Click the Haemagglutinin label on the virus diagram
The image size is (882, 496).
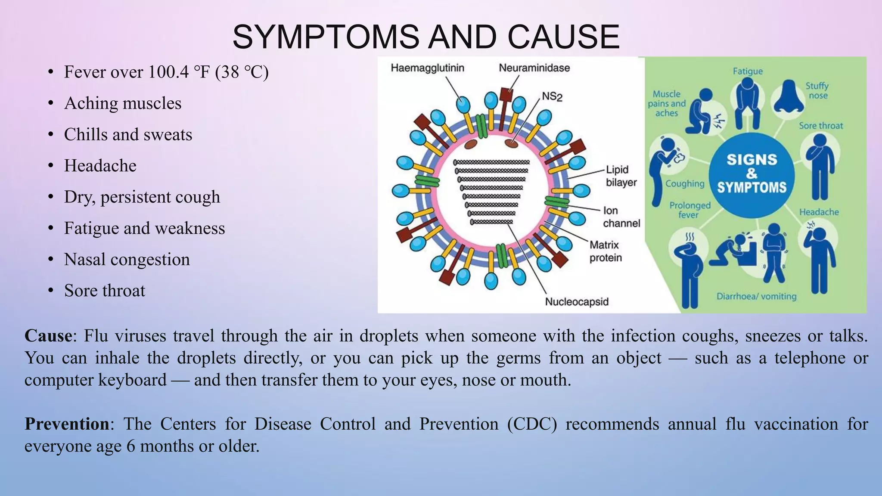pos(427,68)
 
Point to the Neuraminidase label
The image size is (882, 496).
pos(534,68)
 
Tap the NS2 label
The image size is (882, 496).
pos(552,96)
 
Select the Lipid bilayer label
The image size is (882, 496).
pos(621,176)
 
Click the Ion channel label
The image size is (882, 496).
pos(621,217)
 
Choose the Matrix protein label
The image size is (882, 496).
pos(605,251)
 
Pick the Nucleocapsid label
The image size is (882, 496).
pos(576,301)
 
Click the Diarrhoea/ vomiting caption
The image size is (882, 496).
pos(756,296)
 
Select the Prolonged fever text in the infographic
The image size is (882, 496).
pos(689,210)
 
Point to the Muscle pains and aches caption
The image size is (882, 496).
pos(666,103)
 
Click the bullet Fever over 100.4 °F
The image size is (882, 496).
pos(166,72)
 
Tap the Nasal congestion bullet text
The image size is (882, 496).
pos(127,260)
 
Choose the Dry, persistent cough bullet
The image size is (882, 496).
pos(142,197)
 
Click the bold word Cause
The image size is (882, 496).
pos(48,336)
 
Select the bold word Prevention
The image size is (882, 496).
pos(67,424)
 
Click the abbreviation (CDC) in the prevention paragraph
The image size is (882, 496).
pos(532,424)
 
